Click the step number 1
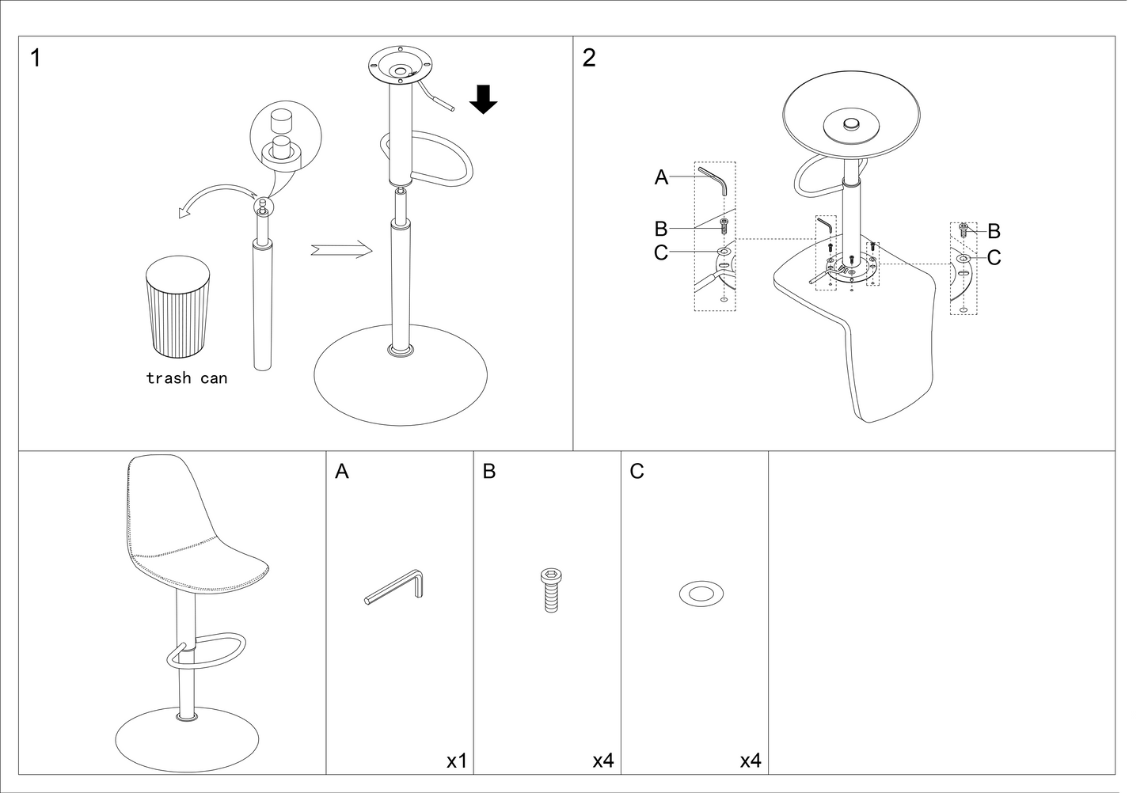tap(36, 58)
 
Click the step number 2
tap(589, 58)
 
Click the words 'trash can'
tap(186, 378)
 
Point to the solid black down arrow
tap(483, 98)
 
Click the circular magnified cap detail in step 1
tap(285, 136)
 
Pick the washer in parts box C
tap(701, 593)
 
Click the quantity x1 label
tap(457, 761)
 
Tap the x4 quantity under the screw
tap(603, 761)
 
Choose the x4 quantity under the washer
tap(751, 761)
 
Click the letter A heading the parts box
tap(342, 472)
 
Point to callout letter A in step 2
tap(662, 178)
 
